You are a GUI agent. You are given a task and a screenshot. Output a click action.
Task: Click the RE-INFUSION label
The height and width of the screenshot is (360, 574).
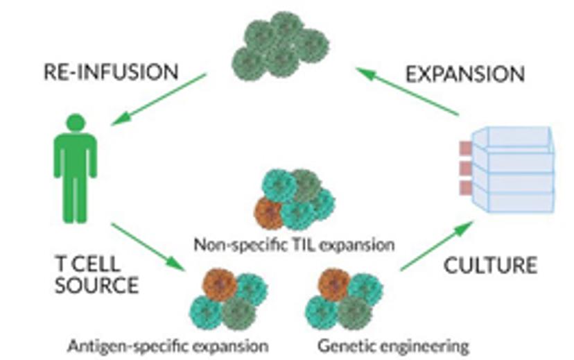click(x=110, y=71)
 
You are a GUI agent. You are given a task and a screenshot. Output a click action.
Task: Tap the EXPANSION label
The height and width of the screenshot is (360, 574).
click(x=465, y=74)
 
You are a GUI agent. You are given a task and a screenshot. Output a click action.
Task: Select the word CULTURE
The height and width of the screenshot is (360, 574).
click(x=491, y=265)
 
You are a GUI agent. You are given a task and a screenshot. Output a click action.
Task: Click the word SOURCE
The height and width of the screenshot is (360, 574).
click(x=96, y=285)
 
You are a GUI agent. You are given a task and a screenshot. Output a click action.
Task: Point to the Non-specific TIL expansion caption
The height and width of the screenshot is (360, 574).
click(x=294, y=245)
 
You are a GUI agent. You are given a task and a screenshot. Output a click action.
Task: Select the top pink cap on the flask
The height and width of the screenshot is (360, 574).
click(x=465, y=148)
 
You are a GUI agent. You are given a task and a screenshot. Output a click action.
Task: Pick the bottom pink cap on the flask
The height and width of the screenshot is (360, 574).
click(x=465, y=188)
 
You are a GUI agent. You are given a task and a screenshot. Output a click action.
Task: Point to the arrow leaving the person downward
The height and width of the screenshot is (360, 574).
click(x=150, y=246)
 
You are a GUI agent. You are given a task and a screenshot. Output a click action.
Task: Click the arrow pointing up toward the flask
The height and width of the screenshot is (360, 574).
click(x=437, y=246)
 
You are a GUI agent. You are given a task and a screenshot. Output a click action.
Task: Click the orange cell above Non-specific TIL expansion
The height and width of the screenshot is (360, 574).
click(x=269, y=213)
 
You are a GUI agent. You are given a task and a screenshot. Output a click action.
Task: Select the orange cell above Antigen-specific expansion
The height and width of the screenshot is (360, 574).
click(x=218, y=284)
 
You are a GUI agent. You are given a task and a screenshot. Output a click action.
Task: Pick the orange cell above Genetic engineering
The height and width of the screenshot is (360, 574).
click(x=334, y=284)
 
